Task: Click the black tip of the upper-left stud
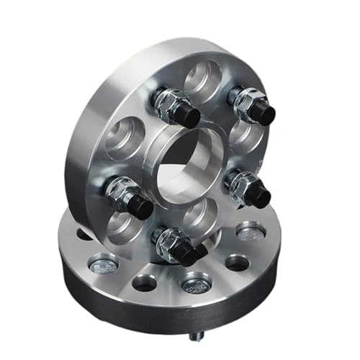(189, 112)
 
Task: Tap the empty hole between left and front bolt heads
(144, 283)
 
